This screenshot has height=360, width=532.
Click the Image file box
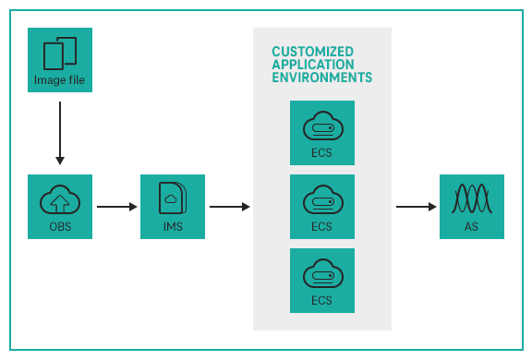tap(60, 60)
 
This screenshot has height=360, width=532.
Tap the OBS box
tap(60, 207)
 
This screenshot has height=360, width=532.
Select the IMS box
tap(173, 207)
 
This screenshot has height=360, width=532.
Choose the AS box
tap(472, 207)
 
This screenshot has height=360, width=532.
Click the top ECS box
tap(321, 133)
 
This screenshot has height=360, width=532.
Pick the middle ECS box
tap(321, 207)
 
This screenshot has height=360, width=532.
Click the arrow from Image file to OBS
tap(60, 133)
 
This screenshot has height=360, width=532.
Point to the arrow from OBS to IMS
tap(116, 207)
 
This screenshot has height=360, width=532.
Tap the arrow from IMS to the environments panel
tap(229, 207)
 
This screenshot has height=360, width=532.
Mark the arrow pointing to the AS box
tap(416, 207)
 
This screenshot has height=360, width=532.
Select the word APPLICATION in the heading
tap(312, 65)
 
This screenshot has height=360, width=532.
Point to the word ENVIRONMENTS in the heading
tap(321, 78)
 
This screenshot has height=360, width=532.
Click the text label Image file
tap(60, 79)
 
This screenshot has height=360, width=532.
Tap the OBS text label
tap(60, 227)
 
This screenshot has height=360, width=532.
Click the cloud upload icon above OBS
tap(60, 199)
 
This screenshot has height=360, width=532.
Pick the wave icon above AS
tap(472, 199)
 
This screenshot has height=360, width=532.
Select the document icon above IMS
tap(173, 198)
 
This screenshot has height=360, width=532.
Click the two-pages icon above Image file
tap(60, 52)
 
